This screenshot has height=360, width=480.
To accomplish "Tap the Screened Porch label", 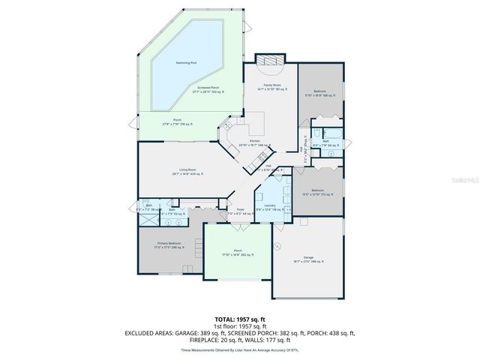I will (x=208, y=90).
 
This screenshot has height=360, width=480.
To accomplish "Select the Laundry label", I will (x=269, y=207).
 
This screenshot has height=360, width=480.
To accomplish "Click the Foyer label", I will (x=240, y=211).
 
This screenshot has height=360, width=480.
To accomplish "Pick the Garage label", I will (x=307, y=259).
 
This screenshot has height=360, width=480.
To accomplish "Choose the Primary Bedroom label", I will (x=169, y=245).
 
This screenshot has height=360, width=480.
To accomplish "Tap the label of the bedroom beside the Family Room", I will (x=319, y=94).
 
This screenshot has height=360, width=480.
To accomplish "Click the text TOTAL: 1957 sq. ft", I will (x=241, y=319).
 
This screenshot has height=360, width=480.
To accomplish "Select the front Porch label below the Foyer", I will (x=238, y=253).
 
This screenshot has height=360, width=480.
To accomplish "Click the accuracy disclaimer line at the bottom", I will (x=240, y=350).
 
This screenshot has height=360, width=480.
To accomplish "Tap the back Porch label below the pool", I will (x=178, y=121).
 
